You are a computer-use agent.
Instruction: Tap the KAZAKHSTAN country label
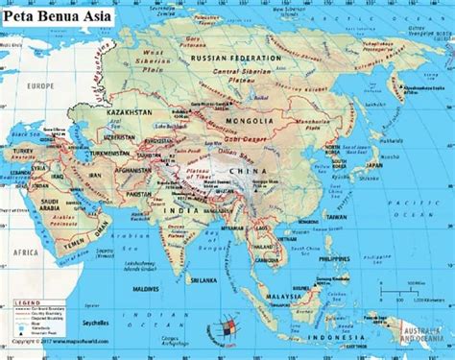click(133, 113)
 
